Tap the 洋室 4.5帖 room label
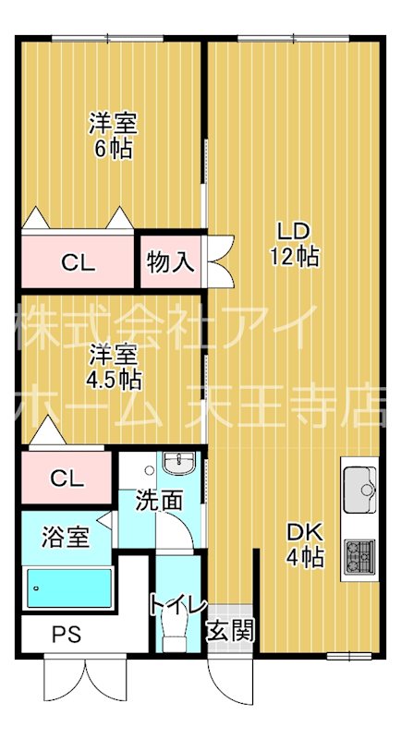click(x=115, y=366)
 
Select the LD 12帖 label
click(x=294, y=244)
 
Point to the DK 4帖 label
click(x=303, y=544)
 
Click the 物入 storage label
click(x=170, y=261)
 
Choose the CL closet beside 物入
click(x=79, y=262)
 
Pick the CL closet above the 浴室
click(x=67, y=478)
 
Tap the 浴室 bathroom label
click(x=67, y=536)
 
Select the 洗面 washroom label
click(x=158, y=502)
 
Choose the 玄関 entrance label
click(x=229, y=633)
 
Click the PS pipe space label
click(x=64, y=635)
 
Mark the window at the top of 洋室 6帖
click(x=110, y=38)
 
